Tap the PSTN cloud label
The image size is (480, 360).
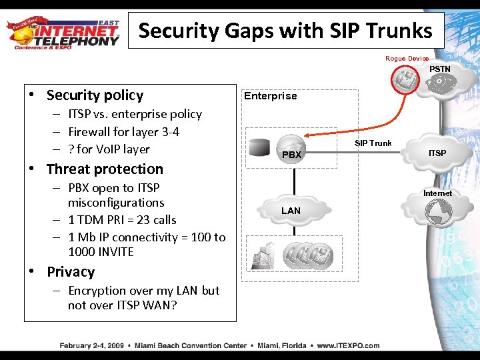(x=439, y=69)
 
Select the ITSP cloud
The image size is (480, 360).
(x=437, y=153)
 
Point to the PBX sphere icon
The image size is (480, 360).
(x=292, y=147)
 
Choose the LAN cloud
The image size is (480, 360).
(x=291, y=211)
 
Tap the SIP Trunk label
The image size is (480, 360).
(x=373, y=143)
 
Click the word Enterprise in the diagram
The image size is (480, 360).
(x=270, y=96)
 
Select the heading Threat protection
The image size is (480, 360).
(x=105, y=169)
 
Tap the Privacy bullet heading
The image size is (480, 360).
(x=71, y=272)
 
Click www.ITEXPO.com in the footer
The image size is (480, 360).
(x=348, y=345)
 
